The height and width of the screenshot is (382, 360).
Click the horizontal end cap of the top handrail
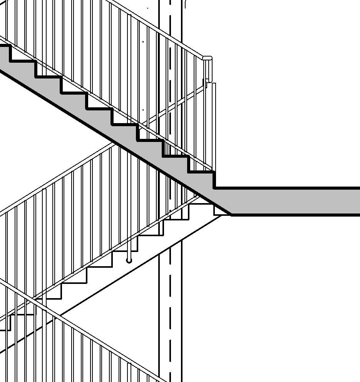coord(207,58)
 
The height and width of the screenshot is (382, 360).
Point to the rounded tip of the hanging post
coord(129,261)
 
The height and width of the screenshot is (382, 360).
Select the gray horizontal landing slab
coord(293,201)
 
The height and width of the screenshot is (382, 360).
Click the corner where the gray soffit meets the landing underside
coord(231,215)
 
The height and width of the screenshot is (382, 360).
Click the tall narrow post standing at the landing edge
coord(214,127)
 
